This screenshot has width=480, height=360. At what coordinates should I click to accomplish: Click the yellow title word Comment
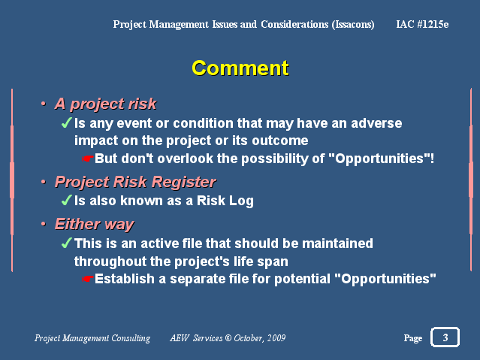(240, 68)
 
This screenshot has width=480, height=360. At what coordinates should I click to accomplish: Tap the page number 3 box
(445, 337)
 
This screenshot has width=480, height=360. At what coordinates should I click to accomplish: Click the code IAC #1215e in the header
(422, 24)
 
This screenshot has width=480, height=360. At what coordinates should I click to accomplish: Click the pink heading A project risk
(106, 104)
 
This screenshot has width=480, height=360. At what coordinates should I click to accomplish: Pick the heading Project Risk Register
(135, 182)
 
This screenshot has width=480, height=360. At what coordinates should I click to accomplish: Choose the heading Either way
(95, 224)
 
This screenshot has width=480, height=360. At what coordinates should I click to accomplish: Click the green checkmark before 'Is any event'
(67, 123)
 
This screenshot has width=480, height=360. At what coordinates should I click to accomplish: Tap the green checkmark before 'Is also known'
(67, 200)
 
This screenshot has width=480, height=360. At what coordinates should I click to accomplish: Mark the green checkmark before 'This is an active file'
(67, 243)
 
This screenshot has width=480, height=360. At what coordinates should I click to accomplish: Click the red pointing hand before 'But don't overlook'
(88, 159)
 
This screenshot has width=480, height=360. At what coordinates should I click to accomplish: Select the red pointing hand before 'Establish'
(88, 279)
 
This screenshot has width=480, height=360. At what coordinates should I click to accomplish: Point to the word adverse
(376, 123)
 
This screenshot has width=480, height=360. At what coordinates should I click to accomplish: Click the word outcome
(279, 141)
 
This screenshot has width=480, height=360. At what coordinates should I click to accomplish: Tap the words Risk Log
(225, 201)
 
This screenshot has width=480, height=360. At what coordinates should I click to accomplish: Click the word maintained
(337, 244)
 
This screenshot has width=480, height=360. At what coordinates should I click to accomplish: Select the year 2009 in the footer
(276, 338)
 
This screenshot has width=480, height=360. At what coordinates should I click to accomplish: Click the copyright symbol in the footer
(228, 338)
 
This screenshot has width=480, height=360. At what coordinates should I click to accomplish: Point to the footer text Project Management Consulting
(92, 338)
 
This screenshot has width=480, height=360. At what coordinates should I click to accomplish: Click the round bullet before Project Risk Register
(44, 182)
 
